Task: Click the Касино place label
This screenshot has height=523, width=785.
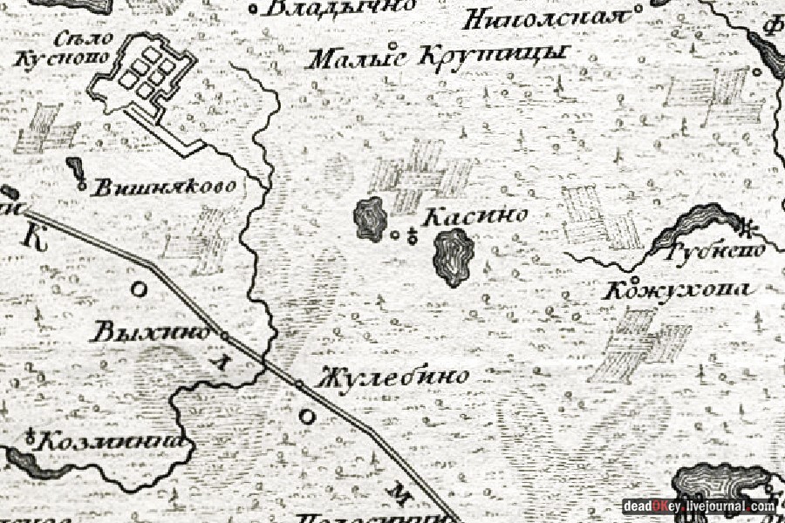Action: click(475, 217)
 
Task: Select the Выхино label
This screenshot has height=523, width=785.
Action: click(153, 332)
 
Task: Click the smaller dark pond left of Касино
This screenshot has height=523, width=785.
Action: click(371, 218)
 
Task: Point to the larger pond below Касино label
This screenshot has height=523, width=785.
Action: click(453, 258)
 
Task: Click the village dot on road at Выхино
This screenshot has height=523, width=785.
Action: click(224, 336)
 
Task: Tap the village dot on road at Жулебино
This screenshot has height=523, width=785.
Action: click(298, 384)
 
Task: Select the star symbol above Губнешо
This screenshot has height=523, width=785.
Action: click(747, 228)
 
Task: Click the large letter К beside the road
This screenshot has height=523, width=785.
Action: click(35, 235)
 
